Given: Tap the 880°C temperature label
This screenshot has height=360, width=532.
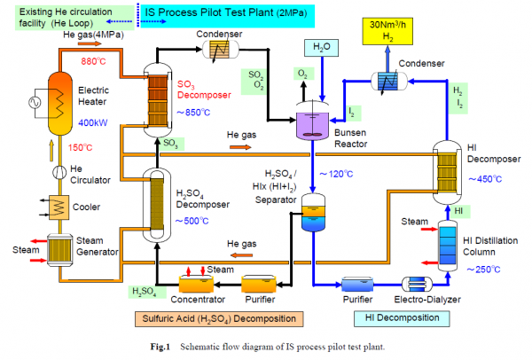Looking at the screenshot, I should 95,62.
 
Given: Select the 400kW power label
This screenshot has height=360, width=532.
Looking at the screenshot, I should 95,122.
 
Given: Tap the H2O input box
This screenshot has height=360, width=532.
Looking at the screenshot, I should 321,46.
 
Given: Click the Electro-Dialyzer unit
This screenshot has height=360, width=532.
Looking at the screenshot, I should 411,284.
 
